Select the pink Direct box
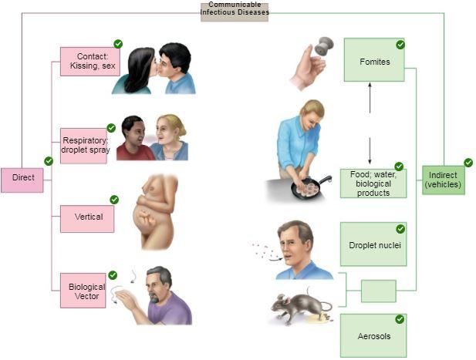[x=22, y=178]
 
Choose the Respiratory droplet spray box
[x=84, y=145]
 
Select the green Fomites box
[x=374, y=61]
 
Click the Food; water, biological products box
[x=373, y=183]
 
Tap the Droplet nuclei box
[x=373, y=244]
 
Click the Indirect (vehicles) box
[x=443, y=180]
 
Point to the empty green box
[x=378, y=291]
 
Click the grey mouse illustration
[x=295, y=307]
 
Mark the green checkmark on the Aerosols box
[x=400, y=319]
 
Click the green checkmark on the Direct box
[x=49, y=161]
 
